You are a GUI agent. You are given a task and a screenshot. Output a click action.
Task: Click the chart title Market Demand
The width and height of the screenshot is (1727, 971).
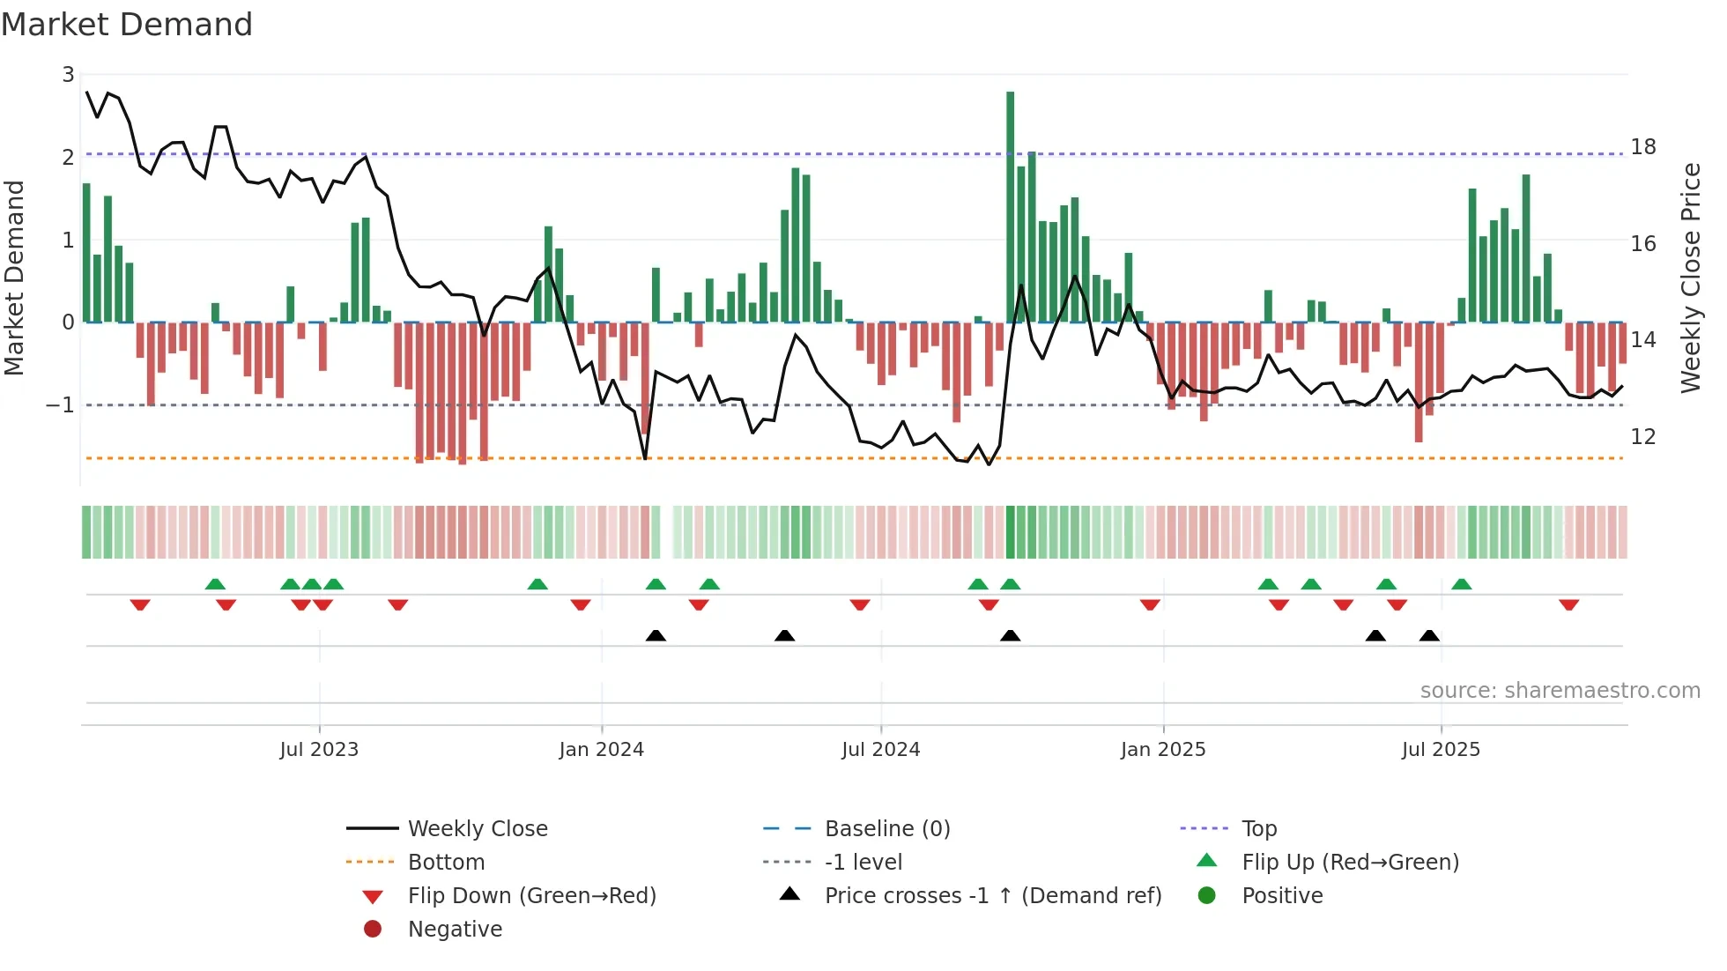[127, 25]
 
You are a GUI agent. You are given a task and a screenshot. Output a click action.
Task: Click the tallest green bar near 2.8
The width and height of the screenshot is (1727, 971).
[1011, 207]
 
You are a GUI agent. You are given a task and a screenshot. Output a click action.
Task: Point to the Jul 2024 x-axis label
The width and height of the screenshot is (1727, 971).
[880, 750]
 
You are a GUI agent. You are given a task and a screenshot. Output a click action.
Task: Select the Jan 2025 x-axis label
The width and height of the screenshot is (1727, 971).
[1163, 750]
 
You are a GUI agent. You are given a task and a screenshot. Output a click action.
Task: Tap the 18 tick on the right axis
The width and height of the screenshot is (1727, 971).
[1642, 147]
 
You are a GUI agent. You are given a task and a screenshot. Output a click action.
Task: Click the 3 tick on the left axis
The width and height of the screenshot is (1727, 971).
[68, 75]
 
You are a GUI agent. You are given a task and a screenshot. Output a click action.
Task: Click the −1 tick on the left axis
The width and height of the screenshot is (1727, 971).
[61, 405]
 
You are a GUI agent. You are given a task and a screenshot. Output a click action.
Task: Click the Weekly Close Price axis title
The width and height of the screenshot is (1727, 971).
[1690, 278]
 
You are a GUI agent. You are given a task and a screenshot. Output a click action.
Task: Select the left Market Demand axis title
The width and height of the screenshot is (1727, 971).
[14, 278]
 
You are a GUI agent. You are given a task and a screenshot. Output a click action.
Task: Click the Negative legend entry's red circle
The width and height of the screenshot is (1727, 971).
[373, 930]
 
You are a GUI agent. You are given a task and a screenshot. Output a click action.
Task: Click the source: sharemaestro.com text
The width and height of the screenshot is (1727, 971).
[1560, 691]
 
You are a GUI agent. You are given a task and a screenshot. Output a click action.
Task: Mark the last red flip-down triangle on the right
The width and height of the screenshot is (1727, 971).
[1568, 604]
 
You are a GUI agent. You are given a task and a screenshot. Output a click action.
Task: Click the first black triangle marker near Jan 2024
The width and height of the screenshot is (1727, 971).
[656, 635]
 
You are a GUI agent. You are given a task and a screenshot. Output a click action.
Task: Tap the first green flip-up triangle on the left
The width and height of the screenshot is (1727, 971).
[215, 584]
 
